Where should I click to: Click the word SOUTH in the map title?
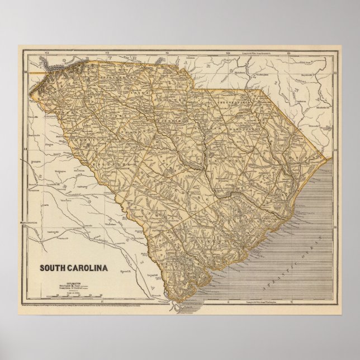[54, 267]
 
